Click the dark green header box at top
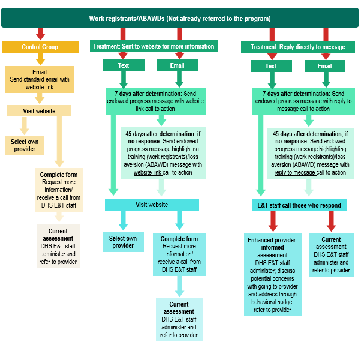180,19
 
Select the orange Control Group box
40,47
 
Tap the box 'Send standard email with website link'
40,79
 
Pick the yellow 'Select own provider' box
25,145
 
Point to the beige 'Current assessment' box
58,246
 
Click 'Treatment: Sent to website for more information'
153,46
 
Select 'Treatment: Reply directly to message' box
297,47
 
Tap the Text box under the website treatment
124,66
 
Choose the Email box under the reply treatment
324,66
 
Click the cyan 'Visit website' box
151,205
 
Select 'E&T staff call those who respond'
298,205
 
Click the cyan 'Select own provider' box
123,242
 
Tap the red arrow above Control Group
41,33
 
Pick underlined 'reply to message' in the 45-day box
294,172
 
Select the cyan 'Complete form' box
180,254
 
